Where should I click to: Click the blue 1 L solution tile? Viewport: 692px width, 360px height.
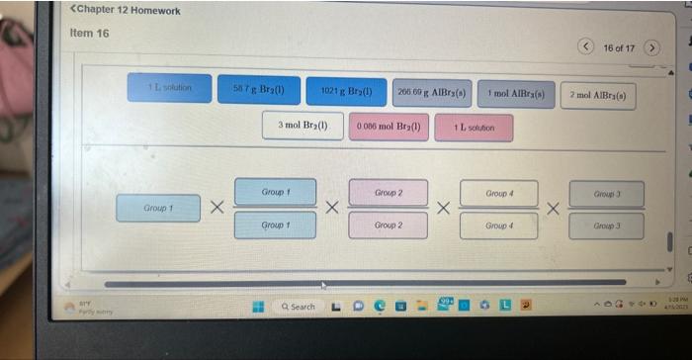pyautogui.click(x=170, y=88)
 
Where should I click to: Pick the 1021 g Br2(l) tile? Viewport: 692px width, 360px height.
pyautogui.click(x=346, y=92)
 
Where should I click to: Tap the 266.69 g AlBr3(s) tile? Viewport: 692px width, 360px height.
pyautogui.click(x=432, y=93)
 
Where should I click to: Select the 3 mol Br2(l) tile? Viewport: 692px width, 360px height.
pyautogui.click(x=303, y=126)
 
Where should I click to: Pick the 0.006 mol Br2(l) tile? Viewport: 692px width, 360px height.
pyautogui.click(x=389, y=127)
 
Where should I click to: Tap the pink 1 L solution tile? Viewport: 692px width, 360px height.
pyautogui.click(x=474, y=128)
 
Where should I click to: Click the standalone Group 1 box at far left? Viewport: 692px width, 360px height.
pyautogui.click(x=157, y=208)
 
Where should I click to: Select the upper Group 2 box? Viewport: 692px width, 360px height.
pyautogui.click(x=388, y=192)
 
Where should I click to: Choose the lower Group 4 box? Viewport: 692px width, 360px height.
pyautogui.click(x=497, y=226)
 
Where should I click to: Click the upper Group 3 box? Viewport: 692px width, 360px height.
pyautogui.click(x=606, y=194)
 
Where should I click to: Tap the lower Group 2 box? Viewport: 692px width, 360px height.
pyautogui.click(x=388, y=225)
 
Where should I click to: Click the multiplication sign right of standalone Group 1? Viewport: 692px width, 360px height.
pyautogui.click(x=216, y=208)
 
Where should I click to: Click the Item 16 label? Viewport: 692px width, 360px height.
pyautogui.click(x=90, y=33)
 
